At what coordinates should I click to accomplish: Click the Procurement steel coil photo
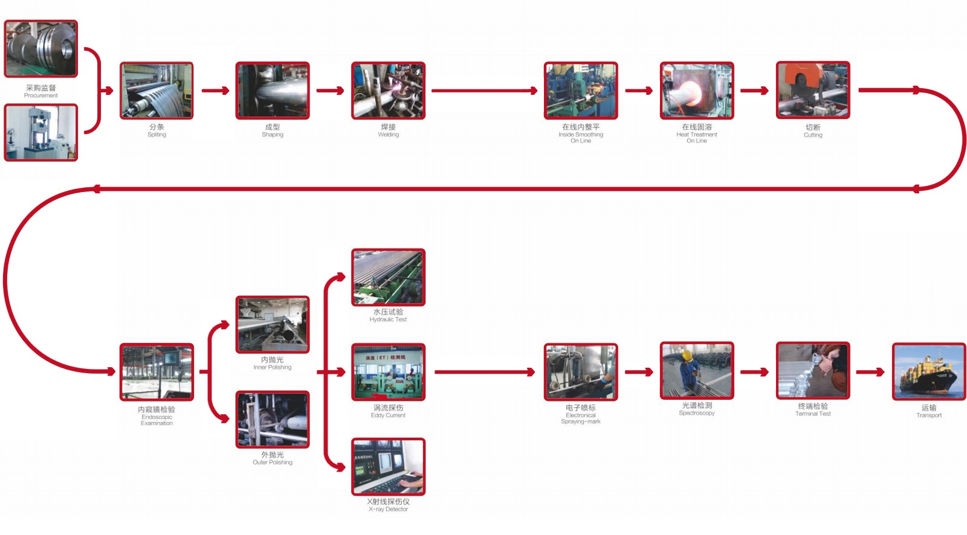pyautogui.click(x=41, y=49)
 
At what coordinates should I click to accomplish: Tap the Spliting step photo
pyautogui.click(x=157, y=91)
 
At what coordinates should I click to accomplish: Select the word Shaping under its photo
pyautogui.click(x=273, y=135)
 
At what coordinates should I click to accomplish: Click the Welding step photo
pyautogui.click(x=389, y=91)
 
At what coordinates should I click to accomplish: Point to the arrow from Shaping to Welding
pyautogui.click(x=330, y=91)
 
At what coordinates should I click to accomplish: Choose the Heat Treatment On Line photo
pyautogui.click(x=697, y=91)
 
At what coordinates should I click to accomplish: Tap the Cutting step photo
pyautogui.click(x=813, y=90)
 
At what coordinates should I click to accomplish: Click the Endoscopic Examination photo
pyautogui.click(x=157, y=372)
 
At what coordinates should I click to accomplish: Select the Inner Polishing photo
pyautogui.click(x=273, y=325)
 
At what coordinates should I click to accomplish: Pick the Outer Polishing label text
pyautogui.click(x=273, y=463)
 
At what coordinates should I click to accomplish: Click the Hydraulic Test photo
pyautogui.click(x=389, y=277)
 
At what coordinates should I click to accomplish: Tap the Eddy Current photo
pyautogui.click(x=389, y=372)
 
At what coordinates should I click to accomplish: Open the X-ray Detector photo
pyautogui.click(x=389, y=467)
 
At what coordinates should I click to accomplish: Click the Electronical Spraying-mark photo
pyautogui.click(x=581, y=372)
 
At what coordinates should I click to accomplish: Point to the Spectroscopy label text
pyautogui.click(x=697, y=413)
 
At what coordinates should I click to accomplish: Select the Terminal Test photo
pyautogui.click(x=813, y=371)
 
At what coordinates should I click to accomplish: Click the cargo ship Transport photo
pyautogui.click(x=929, y=371)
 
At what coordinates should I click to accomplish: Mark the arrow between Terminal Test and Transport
pyautogui.click(x=871, y=372)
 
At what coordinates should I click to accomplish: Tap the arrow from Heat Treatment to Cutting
pyautogui.click(x=754, y=91)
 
